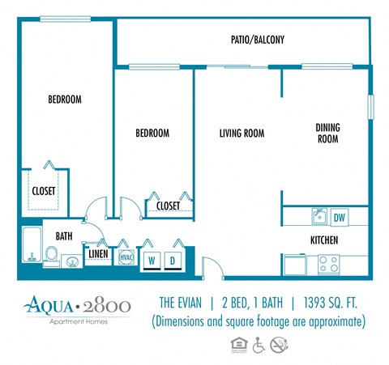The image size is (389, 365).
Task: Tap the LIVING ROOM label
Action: [242, 134]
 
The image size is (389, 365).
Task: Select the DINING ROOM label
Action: [327, 133]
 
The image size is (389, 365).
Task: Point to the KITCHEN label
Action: [324, 240]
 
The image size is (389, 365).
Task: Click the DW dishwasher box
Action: [339, 217]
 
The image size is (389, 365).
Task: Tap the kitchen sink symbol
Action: [319, 217]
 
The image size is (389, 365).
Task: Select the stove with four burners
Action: [327, 263]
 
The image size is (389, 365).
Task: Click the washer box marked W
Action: [152, 261]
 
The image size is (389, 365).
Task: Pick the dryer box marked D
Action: [173, 261]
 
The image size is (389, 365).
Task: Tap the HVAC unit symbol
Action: [126, 257]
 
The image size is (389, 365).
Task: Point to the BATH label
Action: [64, 236]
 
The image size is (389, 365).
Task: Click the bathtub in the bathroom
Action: [31, 246]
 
